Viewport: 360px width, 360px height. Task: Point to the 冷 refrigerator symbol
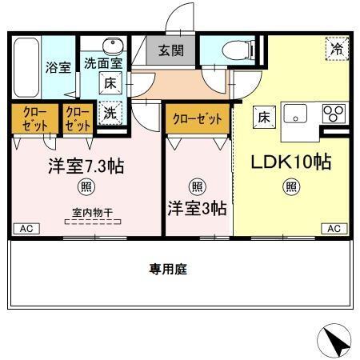point(337,49)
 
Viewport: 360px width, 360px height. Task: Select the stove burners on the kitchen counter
point(334,114)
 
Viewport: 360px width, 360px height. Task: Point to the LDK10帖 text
point(292,162)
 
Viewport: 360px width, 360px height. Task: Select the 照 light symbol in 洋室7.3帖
point(84,187)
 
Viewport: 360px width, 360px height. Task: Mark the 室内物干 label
point(88,212)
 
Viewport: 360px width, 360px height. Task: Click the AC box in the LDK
point(334,229)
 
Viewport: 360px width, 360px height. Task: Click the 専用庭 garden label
point(167,270)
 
